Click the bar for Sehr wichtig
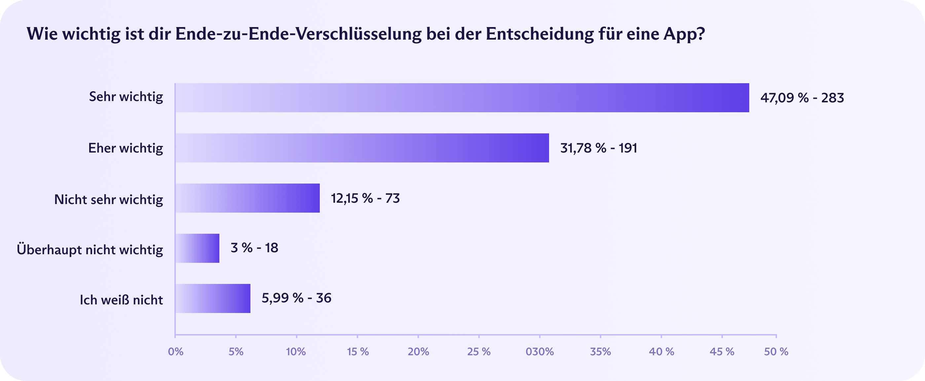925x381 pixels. pyautogui.click(x=462, y=98)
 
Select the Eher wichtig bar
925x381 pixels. pyautogui.click(x=362, y=148)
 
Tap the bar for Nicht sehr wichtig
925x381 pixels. pyautogui.click(x=247, y=198)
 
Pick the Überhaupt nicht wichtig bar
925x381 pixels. pyautogui.click(x=198, y=248)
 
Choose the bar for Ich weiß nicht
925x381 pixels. pyautogui.click(x=213, y=298)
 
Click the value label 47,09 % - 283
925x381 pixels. pyautogui.click(x=802, y=98)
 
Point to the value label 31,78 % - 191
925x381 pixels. pyautogui.click(x=599, y=148)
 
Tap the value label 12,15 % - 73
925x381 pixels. pyautogui.click(x=365, y=198)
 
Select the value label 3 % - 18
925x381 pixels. pyautogui.click(x=254, y=248)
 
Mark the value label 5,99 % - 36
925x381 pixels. pyautogui.click(x=296, y=298)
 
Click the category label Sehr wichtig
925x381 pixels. pyautogui.click(x=126, y=97)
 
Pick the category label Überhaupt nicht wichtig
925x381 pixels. pyautogui.click(x=90, y=250)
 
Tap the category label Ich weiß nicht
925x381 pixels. pyautogui.click(x=121, y=300)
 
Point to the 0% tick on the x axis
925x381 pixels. pyautogui.click(x=176, y=352)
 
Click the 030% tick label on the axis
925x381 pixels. pyautogui.click(x=540, y=352)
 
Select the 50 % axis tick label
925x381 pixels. pyautogui.click(x=776, y=352)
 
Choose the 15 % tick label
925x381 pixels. pyautogui.click(x=358, y=352)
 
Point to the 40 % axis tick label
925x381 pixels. pyautogui.click(x=661, y=352)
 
